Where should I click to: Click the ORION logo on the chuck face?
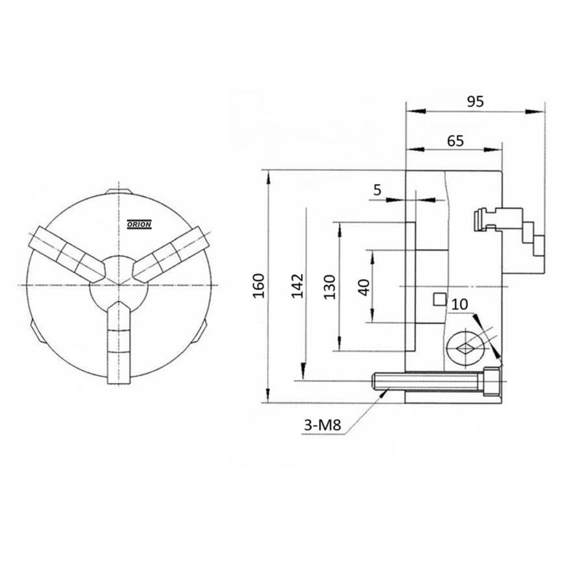click(139, 224)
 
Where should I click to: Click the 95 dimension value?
click(476, 101)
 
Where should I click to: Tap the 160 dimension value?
click(258, 286)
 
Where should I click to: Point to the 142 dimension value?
click(298, 286)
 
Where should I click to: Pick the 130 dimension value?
click(329, 286)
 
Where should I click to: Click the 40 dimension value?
click(364, 286)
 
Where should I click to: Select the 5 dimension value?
click(377, 190)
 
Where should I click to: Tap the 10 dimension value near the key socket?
click(459, 305)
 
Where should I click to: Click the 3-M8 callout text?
click(323, 424)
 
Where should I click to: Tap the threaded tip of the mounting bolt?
click(380, 381)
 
